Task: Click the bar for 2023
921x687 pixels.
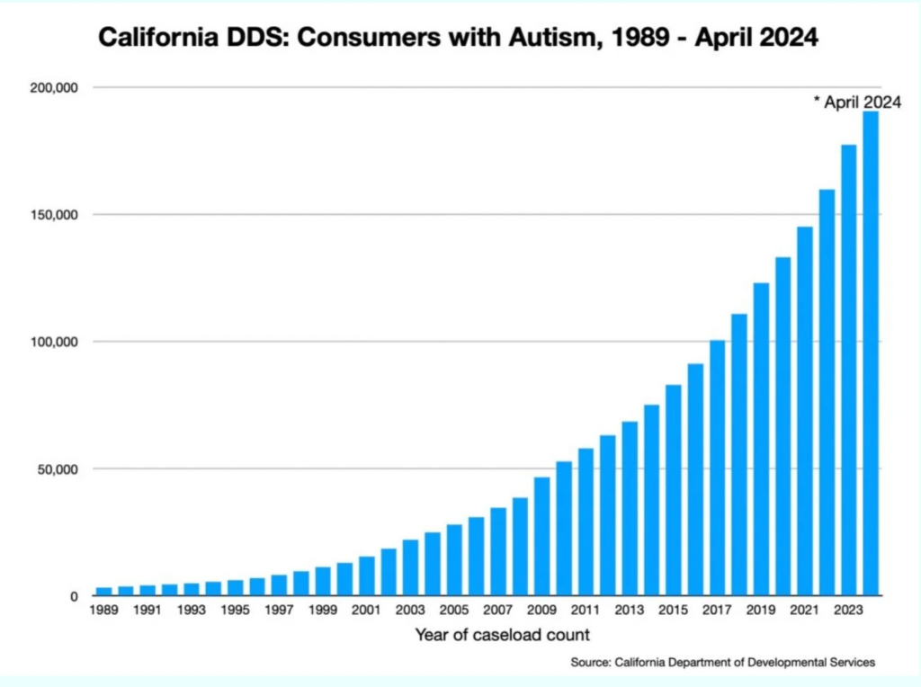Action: pos(848,370)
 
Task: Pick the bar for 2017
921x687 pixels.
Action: pos(717,468)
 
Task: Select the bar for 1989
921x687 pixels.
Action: pos(103,591)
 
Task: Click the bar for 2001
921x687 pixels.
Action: pos(366,575)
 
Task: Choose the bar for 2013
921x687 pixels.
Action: pos(630,508)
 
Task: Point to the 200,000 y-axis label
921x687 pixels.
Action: pos(56,88)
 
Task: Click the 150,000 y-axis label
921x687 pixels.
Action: pos(56,215)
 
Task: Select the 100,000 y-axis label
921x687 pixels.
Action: pos(56,342)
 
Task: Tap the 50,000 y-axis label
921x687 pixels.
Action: pos(59,468)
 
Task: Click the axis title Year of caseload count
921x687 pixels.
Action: pos(502,635)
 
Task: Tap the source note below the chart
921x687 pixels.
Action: pos(722,663)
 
